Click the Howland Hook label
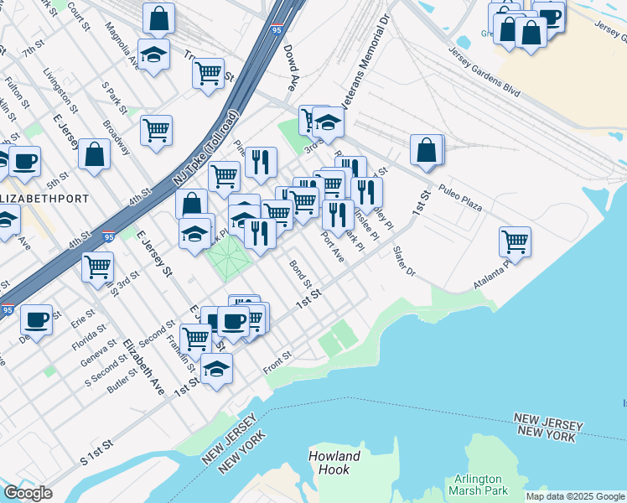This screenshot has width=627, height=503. pyautogui.click(x=334, y=463)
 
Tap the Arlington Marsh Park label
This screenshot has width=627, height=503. pyautogui.click(x=478, y=484)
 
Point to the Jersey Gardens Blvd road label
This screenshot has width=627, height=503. pyautogui.click(x=495, y=61)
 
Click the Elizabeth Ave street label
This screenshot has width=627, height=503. pyautogui.click(x=142, y=366)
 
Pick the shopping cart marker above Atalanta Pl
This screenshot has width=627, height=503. pyautogui.click(x=515, y=241)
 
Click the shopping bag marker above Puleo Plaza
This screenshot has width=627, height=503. pyautogui.click(x=427, y=150)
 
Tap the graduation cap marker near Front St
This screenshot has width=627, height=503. pyautogui.click(x=216, y=367)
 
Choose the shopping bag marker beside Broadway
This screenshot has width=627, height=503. pyautogui.click(x=96, y=155)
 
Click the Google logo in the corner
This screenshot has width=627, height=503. pyautogui.click(x=28, y=493)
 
